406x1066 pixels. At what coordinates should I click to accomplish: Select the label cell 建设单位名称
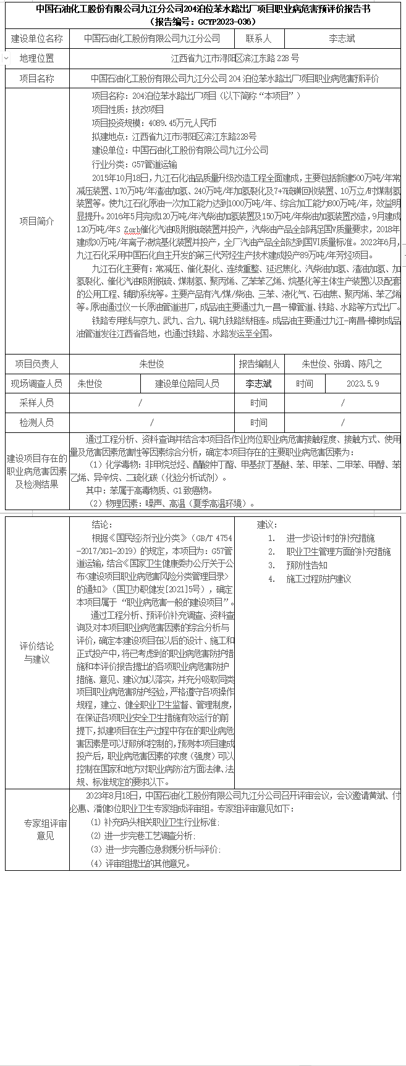(x=37, y=38)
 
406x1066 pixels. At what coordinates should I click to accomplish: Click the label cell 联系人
(x=259, y=38)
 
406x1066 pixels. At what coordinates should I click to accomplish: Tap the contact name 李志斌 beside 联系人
(x=342, y=38)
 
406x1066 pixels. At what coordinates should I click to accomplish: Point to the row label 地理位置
(x=37, y=59)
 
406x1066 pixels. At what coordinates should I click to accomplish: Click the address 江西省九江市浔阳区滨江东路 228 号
(x=235, y=59)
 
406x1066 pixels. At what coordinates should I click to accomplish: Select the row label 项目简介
(x=37, y=221)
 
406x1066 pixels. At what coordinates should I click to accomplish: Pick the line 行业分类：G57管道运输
(x=135, y=164)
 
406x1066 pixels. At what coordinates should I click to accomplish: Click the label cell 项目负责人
(x=37, y=364)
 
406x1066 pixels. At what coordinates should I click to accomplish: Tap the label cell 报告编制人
(x=259, y=364)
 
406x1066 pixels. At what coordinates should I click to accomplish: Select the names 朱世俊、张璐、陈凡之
(x=342, y=364)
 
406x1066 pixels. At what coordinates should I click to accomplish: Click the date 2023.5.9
(x=363, y=384)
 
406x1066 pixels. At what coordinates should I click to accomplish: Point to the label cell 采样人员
(x=37, y=403)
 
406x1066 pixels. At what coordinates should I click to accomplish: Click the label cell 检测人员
(x=37, y=422)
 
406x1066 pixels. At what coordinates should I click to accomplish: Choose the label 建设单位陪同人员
(x=187, y=384)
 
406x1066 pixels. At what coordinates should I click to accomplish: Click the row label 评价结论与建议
(x=37, y=652)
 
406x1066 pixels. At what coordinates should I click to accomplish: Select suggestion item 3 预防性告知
(x=307, y=565)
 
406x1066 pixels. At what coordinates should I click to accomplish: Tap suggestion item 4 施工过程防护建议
(x=318, y=579)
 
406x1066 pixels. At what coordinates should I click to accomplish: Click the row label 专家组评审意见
(x=37, y=829)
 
